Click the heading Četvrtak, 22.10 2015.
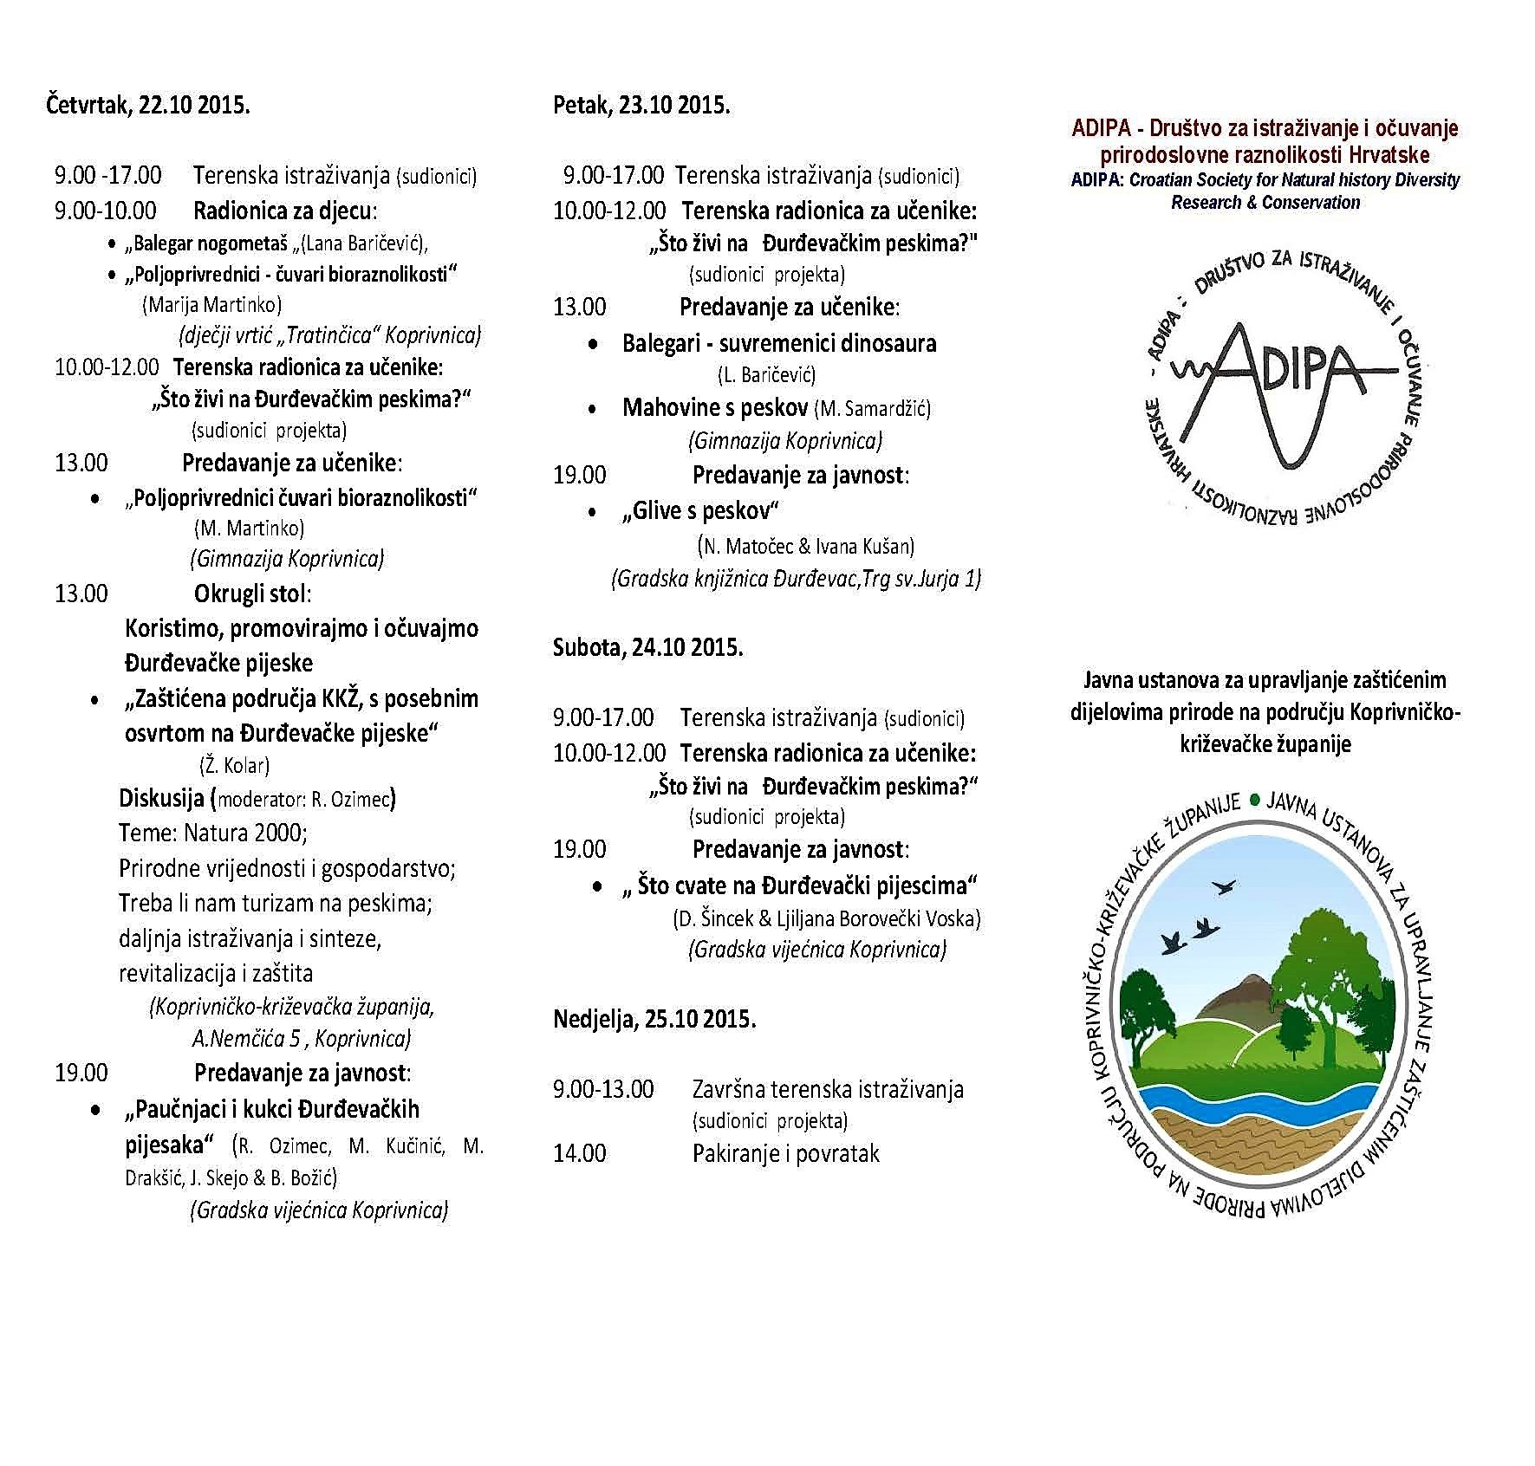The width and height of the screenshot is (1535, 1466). [x=147, y=106]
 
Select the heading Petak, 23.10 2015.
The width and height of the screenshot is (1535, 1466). [x=641, y=106]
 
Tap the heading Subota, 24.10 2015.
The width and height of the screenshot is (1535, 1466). [x=647, y=647]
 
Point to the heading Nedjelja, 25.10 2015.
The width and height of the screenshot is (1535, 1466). [x=654, y=1019]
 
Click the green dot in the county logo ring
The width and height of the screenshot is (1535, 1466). [x=1254, y=801]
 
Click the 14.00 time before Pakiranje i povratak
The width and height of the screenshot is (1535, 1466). [x=579, y=1153]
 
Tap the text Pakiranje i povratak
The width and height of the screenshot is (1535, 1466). [x=785, y=1153]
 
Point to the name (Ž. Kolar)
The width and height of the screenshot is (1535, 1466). [x=234, y=765]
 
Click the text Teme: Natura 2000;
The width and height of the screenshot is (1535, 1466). [x=213, y=834]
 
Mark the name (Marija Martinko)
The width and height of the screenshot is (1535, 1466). [x=211, y=304]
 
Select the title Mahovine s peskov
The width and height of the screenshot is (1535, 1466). [x=715, y=407]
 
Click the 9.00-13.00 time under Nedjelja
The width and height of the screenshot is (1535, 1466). [x=603, y=1089]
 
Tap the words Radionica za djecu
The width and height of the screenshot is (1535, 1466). [x=285, y=211]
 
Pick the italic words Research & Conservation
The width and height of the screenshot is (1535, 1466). [x=1265, y=203]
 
